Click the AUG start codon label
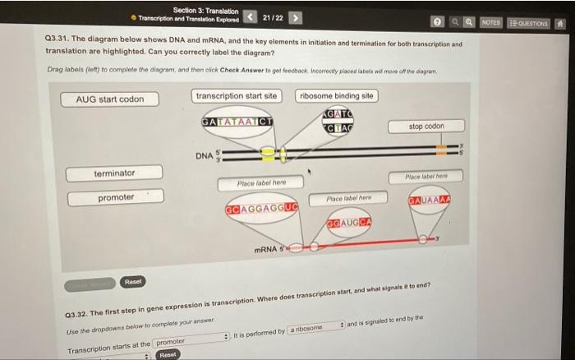click(110, 99)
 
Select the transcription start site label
click(237, 96)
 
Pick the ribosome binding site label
click(336, 96)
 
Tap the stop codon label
click(425, 127)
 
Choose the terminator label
click(114, 173)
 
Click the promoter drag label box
click(116, 198)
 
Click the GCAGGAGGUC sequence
click(260, 209)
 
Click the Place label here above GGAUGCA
click(348, 198)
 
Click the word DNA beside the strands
click(205, 155)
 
